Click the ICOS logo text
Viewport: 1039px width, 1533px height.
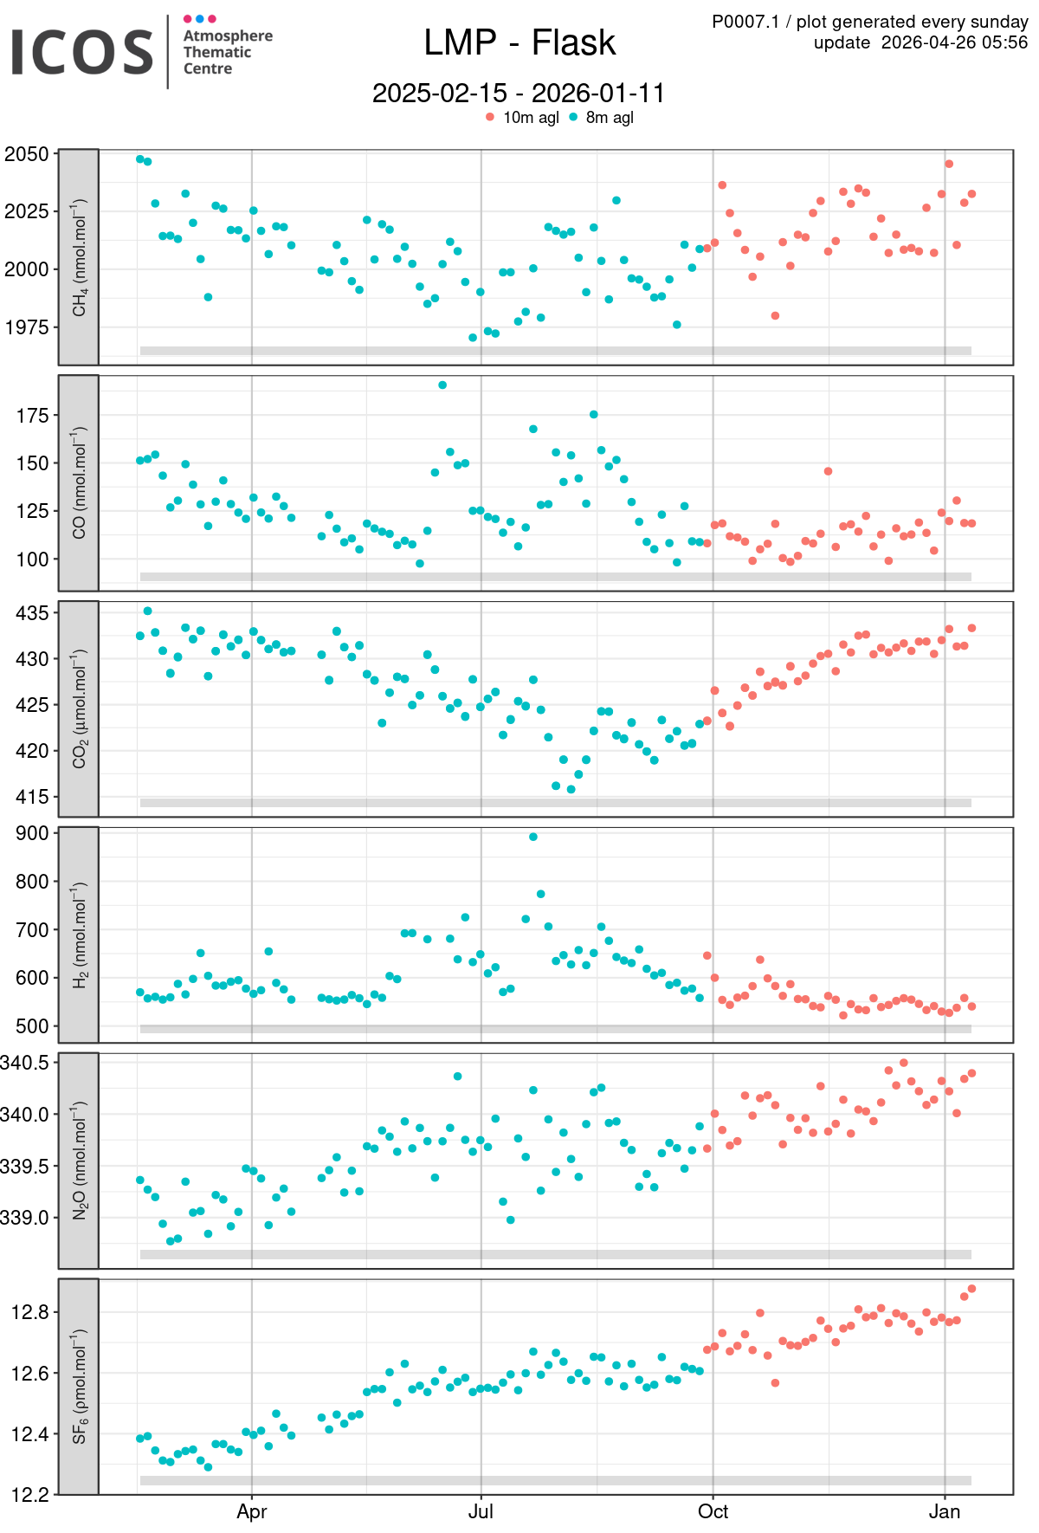tap(82, 52)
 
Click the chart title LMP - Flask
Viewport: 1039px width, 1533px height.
tap(519, 42)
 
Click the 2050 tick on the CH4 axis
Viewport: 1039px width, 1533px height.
tap(27, 154)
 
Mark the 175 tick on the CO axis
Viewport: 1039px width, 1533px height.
tap(32, 416)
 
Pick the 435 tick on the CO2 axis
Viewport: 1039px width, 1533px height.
tap(32, 612)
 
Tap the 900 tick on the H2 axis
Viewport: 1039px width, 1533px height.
tap(32, 833)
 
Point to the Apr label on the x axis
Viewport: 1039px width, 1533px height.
tap(252, 1511)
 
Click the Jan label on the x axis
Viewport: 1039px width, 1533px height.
tap(945, 1511)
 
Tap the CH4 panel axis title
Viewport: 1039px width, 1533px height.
tap(79, 257)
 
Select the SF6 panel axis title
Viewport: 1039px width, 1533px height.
tap(79, 1387)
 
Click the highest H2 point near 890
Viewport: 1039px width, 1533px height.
tap(533, 837)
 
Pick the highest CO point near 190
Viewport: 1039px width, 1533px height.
tap(442, 385)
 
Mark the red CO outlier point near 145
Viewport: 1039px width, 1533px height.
tap(829, 471)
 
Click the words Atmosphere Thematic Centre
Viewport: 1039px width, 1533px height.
tap(227, 52)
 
